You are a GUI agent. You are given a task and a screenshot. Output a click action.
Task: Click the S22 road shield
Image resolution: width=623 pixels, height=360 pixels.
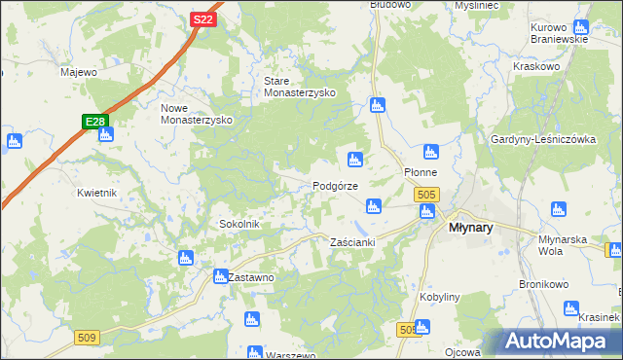click(x=202, y=19)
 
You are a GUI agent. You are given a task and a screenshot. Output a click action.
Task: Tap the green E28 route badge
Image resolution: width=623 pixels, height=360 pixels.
click(x=93, y=122)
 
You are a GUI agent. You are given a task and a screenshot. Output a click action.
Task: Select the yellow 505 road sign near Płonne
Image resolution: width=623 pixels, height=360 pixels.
click(x=425, y=196)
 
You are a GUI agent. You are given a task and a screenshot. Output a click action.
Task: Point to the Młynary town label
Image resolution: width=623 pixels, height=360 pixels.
click(x=470, y=227)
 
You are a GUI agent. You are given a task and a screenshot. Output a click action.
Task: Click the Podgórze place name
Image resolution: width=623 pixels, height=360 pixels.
click(x=335, y=186)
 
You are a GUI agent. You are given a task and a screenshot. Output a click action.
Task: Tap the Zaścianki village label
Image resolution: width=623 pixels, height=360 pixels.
click(x=352, y=241)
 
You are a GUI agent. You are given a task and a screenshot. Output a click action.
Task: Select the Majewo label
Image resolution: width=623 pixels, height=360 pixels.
click(x=79, y=72)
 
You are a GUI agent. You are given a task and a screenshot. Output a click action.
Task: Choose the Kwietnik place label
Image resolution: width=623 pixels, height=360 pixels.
click(x=97, y=193)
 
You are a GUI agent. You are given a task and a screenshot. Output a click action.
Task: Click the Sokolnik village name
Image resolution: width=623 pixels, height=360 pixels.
click(x=238, y=224)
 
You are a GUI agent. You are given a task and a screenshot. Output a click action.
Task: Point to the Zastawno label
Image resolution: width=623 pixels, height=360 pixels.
click(x=251, y=277)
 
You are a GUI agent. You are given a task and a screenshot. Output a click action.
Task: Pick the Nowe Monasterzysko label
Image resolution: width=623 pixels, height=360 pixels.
click(x=195, y=113)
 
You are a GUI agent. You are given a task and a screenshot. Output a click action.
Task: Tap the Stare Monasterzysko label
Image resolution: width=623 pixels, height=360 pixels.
click(x=300, y=87)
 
